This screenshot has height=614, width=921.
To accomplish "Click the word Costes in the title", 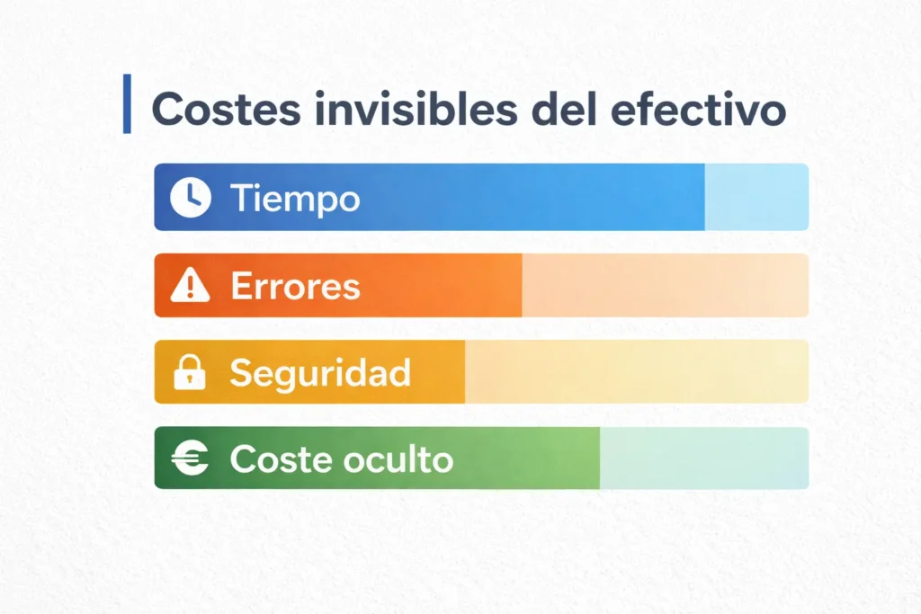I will tap(212, 109).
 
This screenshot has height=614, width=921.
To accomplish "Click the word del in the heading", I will tap(559, 109).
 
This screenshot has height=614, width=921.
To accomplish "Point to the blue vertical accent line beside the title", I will tap(127, 104).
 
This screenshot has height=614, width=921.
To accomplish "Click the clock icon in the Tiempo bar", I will tap(190, 197).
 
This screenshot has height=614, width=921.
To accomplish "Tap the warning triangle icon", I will tap(190, 286).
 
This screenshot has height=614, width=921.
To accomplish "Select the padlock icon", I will tap(190, 372).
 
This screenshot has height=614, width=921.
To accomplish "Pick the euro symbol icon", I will tap(190, 458).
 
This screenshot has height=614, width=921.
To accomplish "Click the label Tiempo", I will tap(295, 198).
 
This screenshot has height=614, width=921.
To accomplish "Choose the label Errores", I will tap(295, 286).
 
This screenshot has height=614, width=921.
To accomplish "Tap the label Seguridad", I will tap(320, 372).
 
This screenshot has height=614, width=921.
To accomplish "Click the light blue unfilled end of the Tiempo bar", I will tap(756, 197).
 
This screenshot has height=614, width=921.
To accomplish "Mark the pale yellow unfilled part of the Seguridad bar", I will tap(635, 372).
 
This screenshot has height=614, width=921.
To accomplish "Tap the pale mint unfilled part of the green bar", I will tap(703, 458).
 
